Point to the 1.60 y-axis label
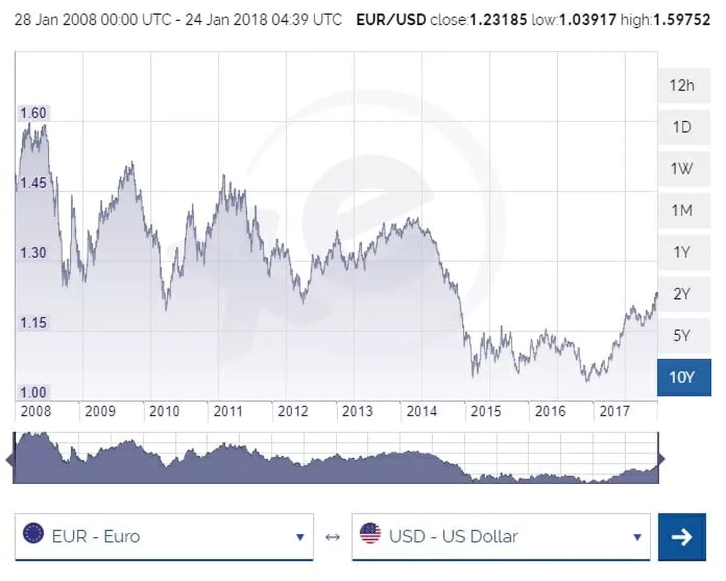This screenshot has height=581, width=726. [x=33, y=113]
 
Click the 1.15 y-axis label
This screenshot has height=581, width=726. [x=33, y=323]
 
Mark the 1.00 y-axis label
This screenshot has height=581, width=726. [x=33, y=392]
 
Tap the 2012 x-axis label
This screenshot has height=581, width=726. [x=293, y=412]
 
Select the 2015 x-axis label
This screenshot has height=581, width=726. [x=486, y=412]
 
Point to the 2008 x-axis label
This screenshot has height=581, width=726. [x=36, y=412]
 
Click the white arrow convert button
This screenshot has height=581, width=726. [x=682, y=537]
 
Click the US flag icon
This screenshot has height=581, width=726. [x=370, y=534]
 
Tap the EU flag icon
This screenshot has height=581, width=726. [x=33, y=534]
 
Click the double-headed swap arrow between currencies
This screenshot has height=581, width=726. [x=332, y=537]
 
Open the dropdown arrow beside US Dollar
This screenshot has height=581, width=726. [x=637, y=537]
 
